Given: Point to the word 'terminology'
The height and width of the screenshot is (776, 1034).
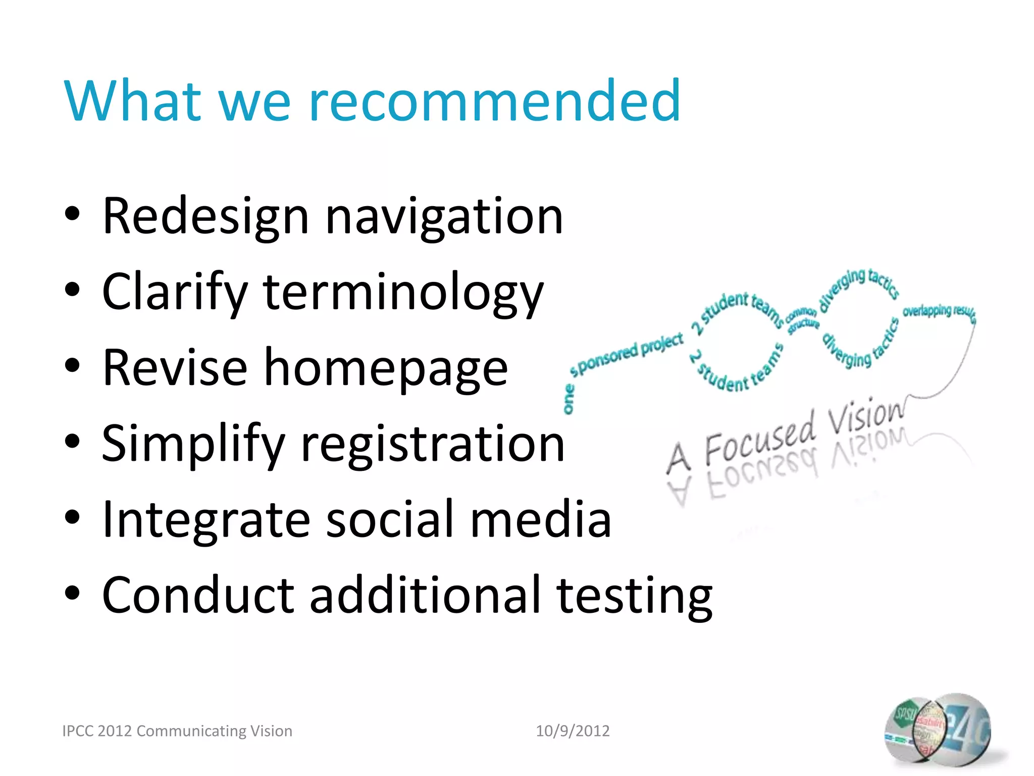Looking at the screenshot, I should [x=403, y=293].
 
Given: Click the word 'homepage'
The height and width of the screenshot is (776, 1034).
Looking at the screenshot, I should [x=386, y=369].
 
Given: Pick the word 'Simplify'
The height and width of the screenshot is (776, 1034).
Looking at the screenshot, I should [x=193, y=445].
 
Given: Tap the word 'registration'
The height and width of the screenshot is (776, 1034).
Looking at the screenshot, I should [x=433, y=445].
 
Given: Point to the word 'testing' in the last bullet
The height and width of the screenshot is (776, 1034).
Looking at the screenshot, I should [x=634, y=596].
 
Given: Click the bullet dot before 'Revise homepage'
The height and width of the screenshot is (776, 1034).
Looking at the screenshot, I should [x=72, y=366].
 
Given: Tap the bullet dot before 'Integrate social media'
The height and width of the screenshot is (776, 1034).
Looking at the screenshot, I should [x=72, y=517].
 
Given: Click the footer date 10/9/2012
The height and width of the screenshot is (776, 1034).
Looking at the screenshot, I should [x=573, y=731].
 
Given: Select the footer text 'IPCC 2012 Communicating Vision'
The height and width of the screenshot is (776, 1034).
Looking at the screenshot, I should [x=177, y=731].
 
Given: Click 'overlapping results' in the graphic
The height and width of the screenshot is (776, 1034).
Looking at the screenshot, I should [x=938, y=312].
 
